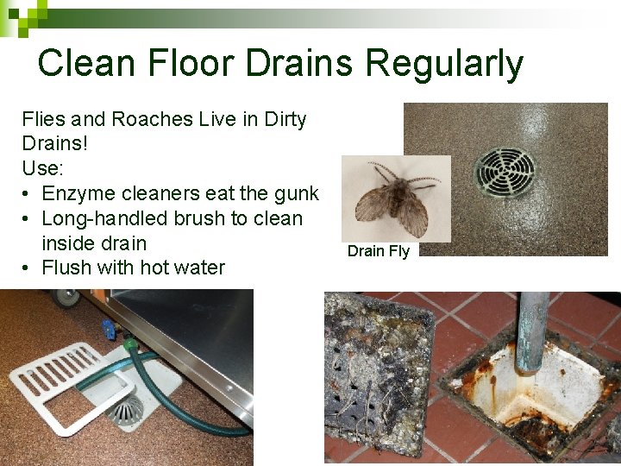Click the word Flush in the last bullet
point(65,268)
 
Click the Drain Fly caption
point(379,251)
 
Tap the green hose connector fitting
point(130,346)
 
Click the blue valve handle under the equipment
point(108,329)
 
